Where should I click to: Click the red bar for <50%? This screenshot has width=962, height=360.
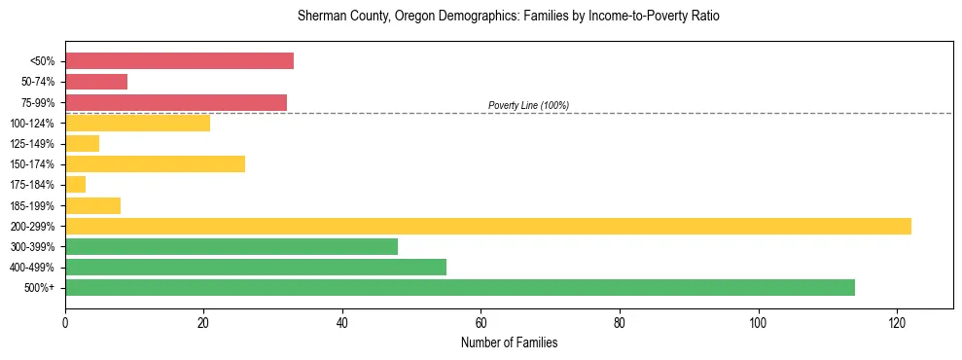click(179, 61)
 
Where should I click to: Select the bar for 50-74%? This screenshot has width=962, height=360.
click(96, 82)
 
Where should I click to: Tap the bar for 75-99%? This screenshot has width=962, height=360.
click(176, 102)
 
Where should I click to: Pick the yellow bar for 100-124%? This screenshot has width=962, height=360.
click(137, 123)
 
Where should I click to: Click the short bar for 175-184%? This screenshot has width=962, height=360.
click(76, 185)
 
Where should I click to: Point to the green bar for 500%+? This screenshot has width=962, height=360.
click(460, 287)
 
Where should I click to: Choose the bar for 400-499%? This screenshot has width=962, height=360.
click(256, 267)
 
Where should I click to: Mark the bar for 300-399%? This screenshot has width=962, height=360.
click(232, 246)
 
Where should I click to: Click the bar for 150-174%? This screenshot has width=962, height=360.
click(155, 163)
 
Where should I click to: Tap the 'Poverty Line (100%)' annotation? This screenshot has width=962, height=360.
click(528, 105)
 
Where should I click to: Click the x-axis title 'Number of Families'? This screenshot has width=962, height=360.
click(509, 343)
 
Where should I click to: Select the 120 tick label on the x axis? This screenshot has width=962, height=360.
click(897, 322)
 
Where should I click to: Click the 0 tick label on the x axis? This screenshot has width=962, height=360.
click(65, 322)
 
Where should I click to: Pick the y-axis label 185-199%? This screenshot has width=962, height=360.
click(32, 205)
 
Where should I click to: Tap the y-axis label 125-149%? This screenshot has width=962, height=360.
click(32, 144)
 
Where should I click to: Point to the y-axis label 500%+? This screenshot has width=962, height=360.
click(40, 288)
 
